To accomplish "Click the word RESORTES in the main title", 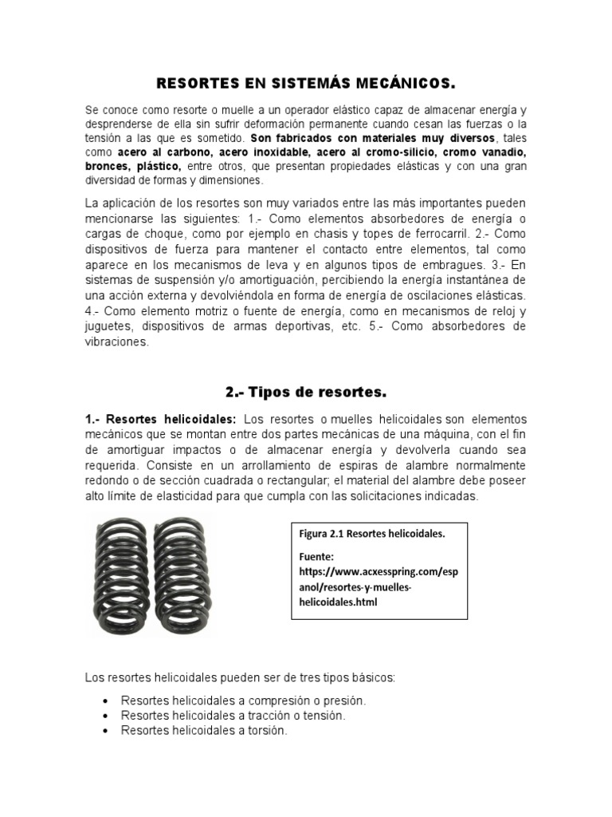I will tap(191, 82).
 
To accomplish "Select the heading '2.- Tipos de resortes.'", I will tap(306, 392).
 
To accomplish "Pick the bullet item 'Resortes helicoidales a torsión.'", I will tap(204, 731).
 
